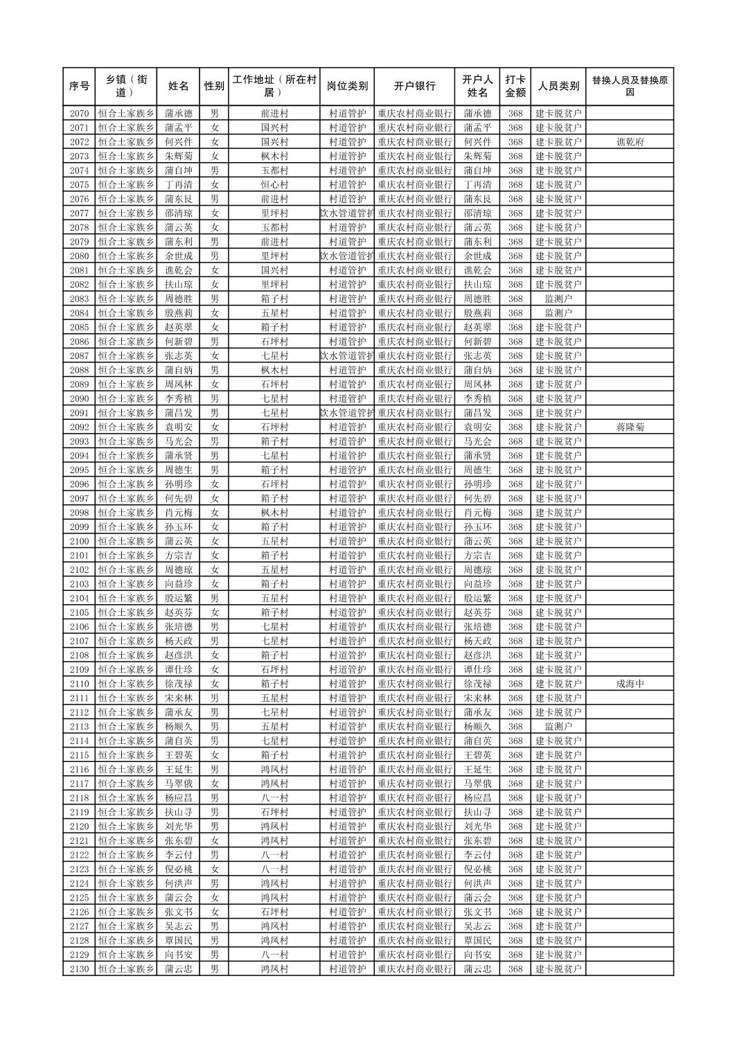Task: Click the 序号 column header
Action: pyautogui.click(x=79, y=87)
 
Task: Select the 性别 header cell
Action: pyautogui.click(x=214, y=87)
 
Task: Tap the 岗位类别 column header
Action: pyautogui.click(x=347, y=87)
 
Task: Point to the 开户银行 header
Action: pyautogui.click(x=414, y=87)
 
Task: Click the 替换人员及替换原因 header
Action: pyautogui.click(x=629, y=87)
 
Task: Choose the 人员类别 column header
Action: pyautogui.click(x=558, y=87)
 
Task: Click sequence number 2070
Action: pyautogui.click(x=79, y=114)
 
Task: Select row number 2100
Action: pyautogui.click(x=79, y=541)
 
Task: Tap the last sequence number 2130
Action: pyautogui.click(x=79, y=969)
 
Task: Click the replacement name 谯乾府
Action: pyautogui.click(x=630, y=142)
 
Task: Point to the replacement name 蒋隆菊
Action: pyautogui.click(x=630, y=427)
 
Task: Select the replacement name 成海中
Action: pyautogui.click(x=630, y=684)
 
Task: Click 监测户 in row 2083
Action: pyautogui.click(x=558, y=299)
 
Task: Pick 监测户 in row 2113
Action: pyautogui.click(x=558, y=727)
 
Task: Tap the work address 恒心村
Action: pyautogui.click(x=274, y=185)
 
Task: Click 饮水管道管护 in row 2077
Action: pyautogui.click(x=347, y=213)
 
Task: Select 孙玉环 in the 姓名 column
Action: pyautogui.click(x=179, y=527)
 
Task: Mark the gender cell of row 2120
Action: pyautogui.click(x=214, y=826)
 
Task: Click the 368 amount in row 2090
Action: pyautogui.click(x=515, y=399)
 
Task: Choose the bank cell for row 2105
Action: pyautogui.click(x=414, y=612)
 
